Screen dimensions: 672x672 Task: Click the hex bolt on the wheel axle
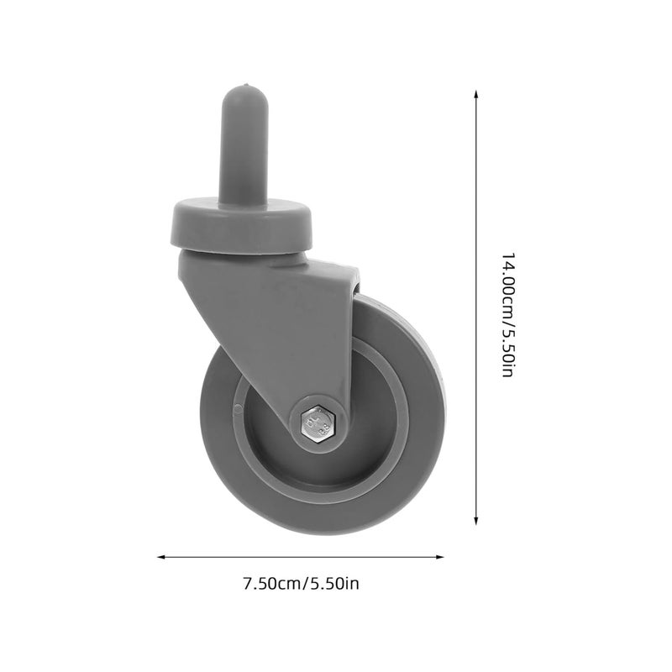[318, 419]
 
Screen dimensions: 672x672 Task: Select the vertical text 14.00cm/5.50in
[507, 314]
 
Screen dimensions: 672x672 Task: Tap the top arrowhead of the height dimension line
[477, 95]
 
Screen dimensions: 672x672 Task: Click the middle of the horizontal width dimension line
[301, 556]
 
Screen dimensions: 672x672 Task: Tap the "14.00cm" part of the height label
[507, 281]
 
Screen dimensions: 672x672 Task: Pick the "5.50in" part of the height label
[507, 352]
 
